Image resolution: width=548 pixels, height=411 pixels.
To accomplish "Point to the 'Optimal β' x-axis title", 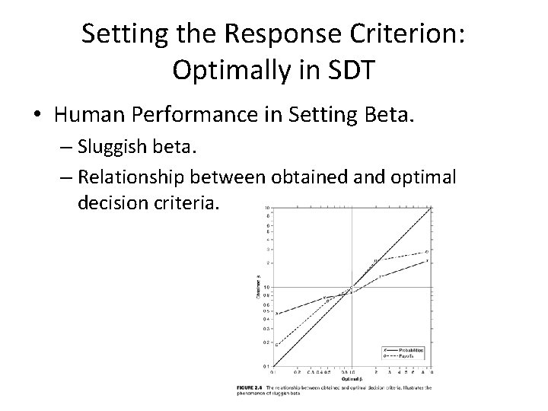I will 351,378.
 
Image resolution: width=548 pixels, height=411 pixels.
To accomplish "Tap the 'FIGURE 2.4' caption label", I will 253,387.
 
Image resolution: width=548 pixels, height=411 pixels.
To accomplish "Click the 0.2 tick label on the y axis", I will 266,343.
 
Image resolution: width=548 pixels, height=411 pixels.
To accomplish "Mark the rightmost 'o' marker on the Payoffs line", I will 427,251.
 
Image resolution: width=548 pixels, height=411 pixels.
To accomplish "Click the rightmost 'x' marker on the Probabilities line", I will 427,261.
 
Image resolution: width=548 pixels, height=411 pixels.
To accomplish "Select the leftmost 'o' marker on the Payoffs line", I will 276,345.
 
